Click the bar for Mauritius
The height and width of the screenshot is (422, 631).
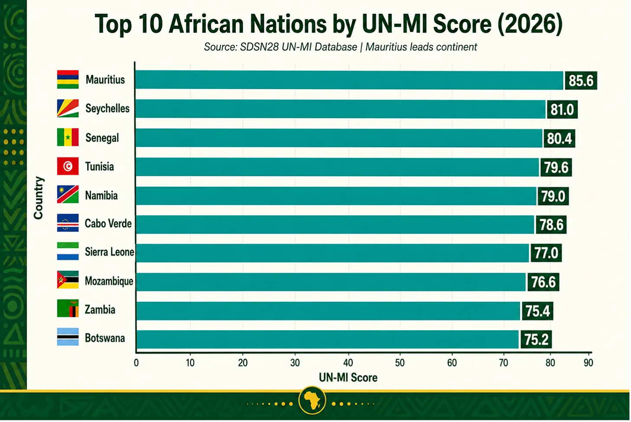(349, 80)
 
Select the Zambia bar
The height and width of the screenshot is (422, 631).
(327, 311)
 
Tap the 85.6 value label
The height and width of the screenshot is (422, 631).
(581, 81)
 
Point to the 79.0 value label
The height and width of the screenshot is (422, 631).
(553, 196)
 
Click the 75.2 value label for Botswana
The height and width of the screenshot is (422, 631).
(536, 339)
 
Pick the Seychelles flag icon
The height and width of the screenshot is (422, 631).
(68, 108)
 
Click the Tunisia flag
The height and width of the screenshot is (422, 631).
(68, 166)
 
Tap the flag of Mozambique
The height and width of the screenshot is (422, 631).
(68, 279)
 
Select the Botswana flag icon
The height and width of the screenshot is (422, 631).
(68, 337)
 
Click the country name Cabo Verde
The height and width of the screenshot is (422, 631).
(108, 224)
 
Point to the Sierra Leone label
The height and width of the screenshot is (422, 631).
(110, 252)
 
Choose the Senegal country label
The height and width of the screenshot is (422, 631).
(102, 138)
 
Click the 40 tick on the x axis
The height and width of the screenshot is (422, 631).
(348, 363)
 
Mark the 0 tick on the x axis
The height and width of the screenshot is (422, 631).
(136, 363)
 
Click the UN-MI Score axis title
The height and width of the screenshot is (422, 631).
(348, 378)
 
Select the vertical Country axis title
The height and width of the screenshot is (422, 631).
(38, 198)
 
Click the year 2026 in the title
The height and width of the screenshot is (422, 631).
(530, 24)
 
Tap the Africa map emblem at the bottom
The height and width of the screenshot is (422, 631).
(312, 400)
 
